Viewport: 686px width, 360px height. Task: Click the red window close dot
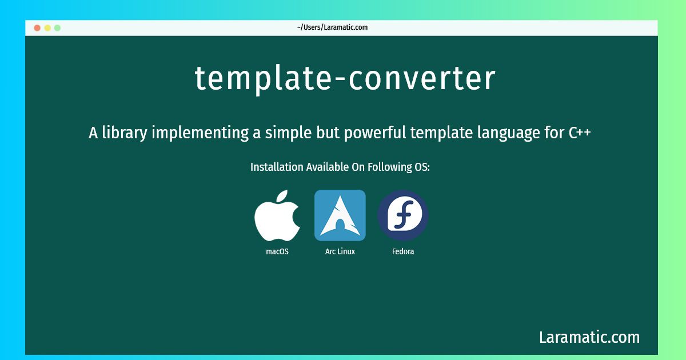click(x=37, y=28)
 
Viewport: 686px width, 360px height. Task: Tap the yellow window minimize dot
click(x=47, y=28)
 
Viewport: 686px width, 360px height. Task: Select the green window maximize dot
click(x=57, y=28)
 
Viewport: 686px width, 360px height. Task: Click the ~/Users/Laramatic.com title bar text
click(x=332, y=27)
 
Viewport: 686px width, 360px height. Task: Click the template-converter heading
click(x=345, y=79)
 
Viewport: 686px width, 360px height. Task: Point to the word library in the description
click(x=125, y=133)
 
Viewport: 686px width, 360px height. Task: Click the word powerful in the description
click(x=375, y=133)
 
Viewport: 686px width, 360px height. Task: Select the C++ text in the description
click(x=580, y=133)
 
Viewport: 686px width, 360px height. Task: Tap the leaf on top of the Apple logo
click(x=282, y=196)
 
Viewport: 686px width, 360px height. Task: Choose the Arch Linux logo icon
click(x=340, y=215)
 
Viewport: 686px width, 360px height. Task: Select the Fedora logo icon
click(x=402, y=215)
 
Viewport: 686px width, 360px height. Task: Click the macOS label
click(x=277, y=251)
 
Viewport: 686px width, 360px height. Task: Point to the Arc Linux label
click(x=340, y=251)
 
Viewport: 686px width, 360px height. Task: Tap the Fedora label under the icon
click(x=403, y=251)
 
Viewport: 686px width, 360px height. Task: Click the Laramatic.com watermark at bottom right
click(x=589, y=337)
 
